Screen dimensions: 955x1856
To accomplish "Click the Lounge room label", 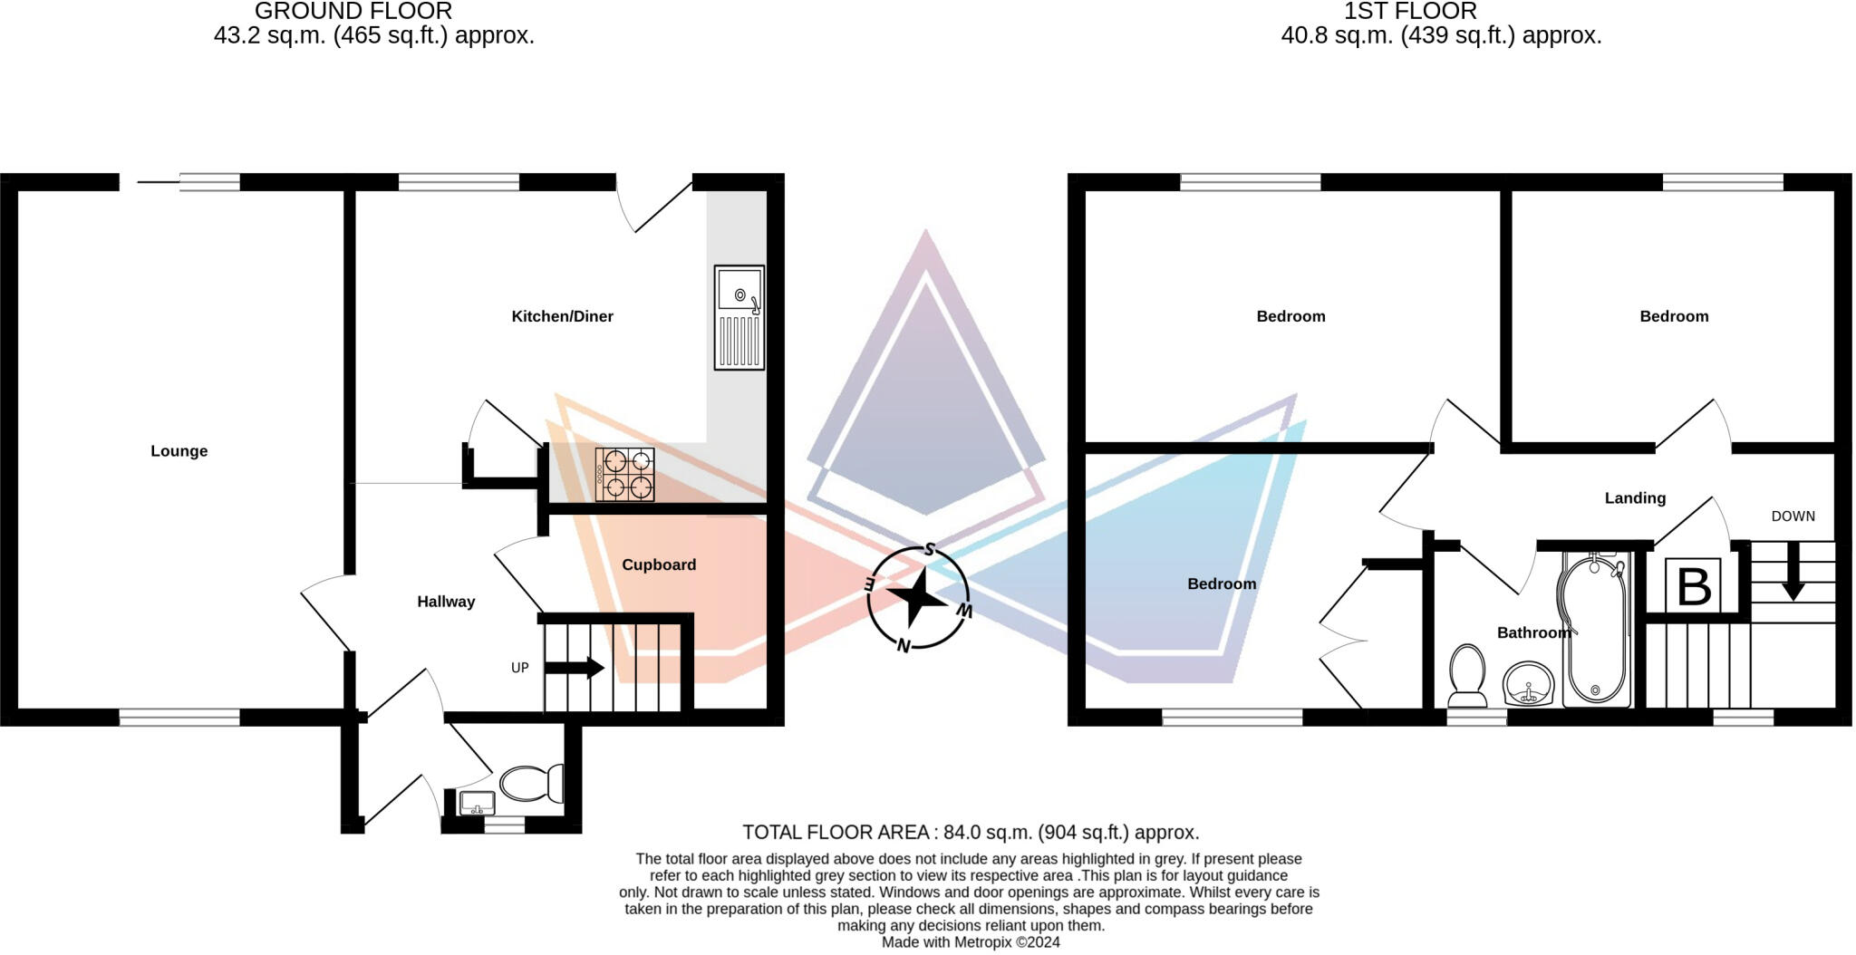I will (179, 450).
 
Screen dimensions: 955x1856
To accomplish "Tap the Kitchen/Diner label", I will (562, 316).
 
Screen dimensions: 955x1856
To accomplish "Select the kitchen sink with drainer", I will (739, 317).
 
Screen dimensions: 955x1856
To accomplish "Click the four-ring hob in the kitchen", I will (624, 475).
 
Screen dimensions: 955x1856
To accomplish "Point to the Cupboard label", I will (659, 564).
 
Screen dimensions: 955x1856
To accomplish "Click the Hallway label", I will (445, 602).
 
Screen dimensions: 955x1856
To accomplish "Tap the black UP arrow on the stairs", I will (575, 668).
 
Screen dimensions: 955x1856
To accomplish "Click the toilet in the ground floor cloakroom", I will (533, 783).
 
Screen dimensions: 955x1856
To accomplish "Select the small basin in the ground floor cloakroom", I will (477, 803).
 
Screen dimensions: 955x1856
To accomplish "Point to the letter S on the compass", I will (929, 550).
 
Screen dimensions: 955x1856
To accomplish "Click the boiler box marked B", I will (1693, 586).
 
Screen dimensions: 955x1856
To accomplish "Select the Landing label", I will (1635, 497).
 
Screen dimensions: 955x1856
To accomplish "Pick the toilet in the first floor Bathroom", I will (1467, 675).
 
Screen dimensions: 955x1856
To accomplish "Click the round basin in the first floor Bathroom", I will (1529, 684).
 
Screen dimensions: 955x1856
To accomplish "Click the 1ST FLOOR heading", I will (1410, 12).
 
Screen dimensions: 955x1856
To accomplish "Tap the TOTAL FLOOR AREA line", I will (971, 832).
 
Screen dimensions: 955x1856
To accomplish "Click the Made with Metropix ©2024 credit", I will (971, 942).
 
